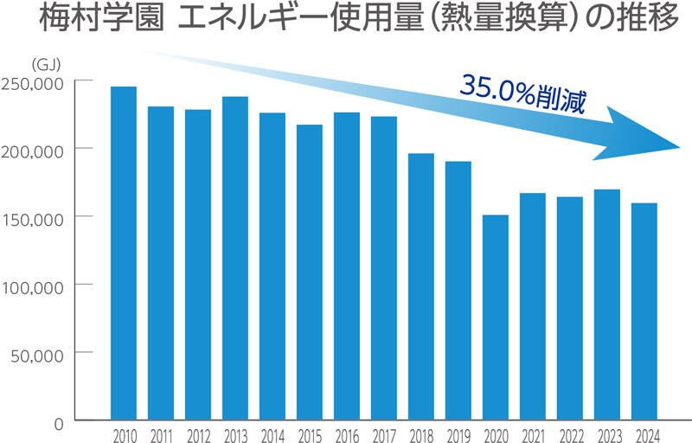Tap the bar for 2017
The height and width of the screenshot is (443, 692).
click(x=384, y=268)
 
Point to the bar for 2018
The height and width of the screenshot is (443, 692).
click(x=421, y=286)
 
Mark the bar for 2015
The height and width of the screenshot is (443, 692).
click(x=310, y=273)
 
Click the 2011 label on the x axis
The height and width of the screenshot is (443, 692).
click(x=161, y=434)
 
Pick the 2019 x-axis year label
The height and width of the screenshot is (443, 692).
click(x=458, y=434)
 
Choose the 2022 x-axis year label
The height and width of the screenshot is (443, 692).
click(x=570, y=434)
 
